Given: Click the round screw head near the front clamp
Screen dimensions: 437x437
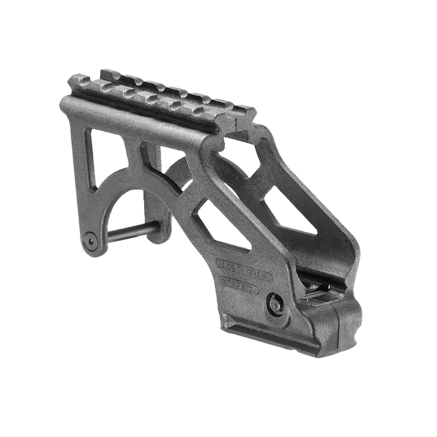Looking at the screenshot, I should tap(274, 303).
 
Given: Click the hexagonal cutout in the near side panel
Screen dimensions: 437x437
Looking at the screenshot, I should tap(222, 222).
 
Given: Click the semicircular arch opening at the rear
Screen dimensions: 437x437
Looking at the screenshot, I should tap(134, 208).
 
